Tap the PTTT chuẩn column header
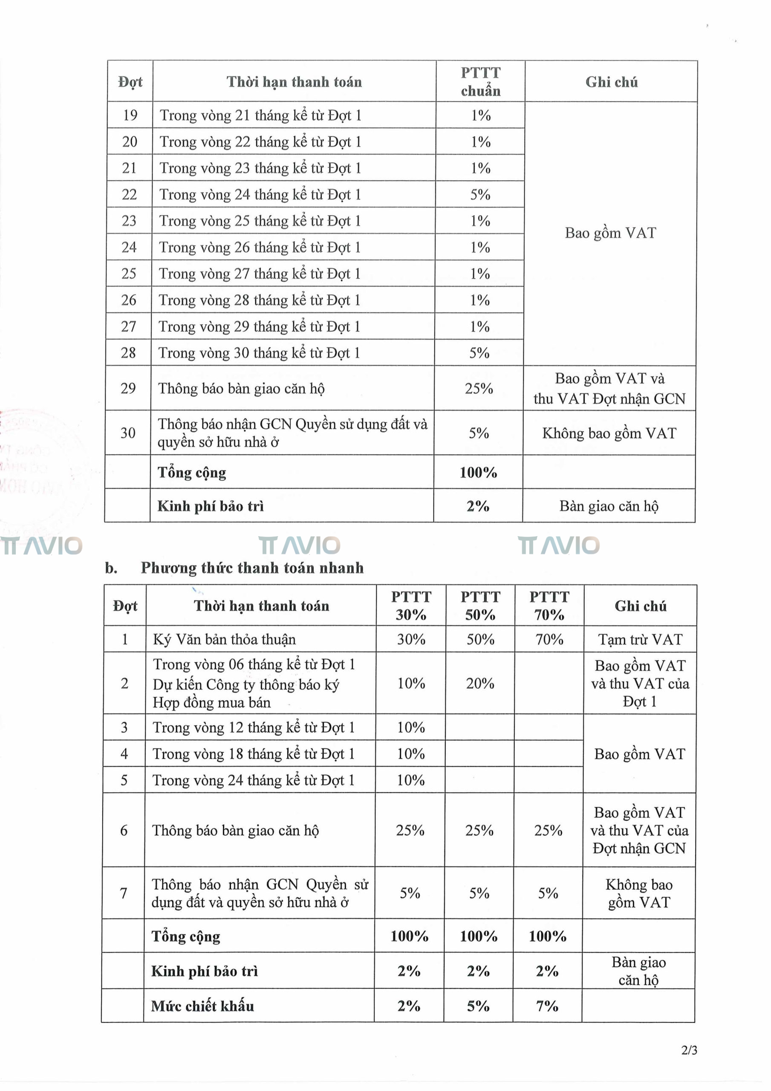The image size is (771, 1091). tap(481, 82)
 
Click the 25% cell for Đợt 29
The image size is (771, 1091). tap(479, 388)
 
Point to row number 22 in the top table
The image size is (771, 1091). tap(129, 194)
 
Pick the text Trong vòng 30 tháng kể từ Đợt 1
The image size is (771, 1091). tap(259, 352)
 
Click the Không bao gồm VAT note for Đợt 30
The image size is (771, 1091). tap(609, 433)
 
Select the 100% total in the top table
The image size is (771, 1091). tap(478, 472)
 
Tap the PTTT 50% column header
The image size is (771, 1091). tap(480, 606)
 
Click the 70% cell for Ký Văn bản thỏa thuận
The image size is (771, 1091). tap(549, 639)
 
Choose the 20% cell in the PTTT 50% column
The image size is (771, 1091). tap(480, 683)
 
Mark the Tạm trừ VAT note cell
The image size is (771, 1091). tap(640, 639)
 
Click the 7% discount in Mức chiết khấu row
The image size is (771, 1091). tap(547, 1005)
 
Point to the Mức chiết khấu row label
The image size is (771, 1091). tap(202, 1006)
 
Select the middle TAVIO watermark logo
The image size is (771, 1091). tap(300, 545)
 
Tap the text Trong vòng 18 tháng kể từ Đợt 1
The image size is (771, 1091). tap(253, 753)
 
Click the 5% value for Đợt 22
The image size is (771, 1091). tap(480, 194)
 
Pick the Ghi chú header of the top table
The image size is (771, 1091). tap(611, 82)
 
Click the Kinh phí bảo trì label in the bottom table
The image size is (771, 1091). tap(205, 971)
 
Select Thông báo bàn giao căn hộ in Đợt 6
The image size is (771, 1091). tap(235, 830)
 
